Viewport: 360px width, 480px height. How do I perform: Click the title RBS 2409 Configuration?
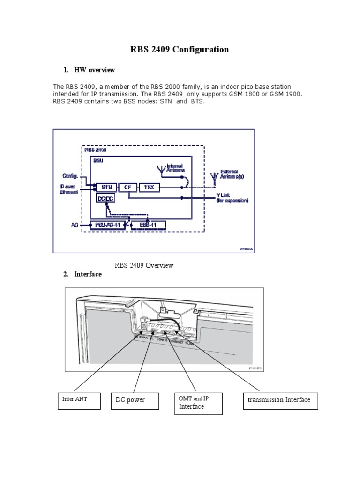tap(180, 49)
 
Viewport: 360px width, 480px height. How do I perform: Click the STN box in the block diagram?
tap(106, 187)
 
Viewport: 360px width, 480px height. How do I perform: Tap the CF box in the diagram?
tap(127, 187)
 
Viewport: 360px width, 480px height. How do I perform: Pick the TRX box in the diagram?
tap(149, 187)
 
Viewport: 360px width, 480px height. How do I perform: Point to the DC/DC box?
tap(105, 198)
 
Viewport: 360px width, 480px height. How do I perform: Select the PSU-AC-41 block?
tap(107, 225)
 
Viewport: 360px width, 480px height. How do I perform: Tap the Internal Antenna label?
tap(175, 168)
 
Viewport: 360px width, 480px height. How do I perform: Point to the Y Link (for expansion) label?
tap(232, 198)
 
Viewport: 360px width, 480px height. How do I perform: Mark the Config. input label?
tap(70, 176)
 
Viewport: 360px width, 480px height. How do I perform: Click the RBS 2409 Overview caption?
tap(144, 265)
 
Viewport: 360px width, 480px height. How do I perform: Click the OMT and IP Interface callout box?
tap(196, 403)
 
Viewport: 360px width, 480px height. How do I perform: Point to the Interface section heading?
tap(88, 274)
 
